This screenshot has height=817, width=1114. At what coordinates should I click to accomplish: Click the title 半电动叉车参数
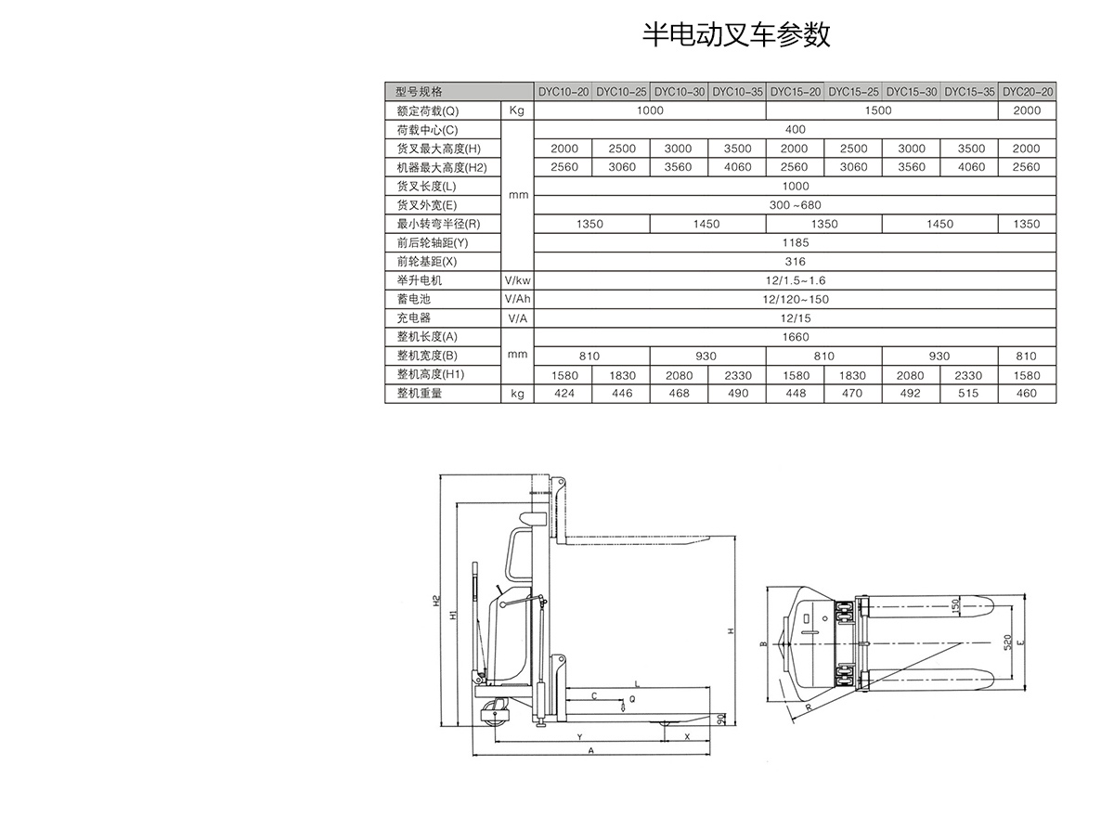coord(736,34)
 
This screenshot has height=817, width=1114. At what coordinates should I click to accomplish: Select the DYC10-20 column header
coord(563,92)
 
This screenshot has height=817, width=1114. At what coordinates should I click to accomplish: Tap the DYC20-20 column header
coord(1028,92)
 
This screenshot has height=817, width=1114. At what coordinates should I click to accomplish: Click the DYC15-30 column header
coord(911,92)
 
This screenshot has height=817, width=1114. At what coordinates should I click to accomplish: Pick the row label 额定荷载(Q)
coord(421,110)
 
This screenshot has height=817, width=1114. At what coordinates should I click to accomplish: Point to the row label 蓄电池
coord(414,299)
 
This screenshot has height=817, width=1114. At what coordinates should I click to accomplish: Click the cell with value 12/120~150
coord(795,299)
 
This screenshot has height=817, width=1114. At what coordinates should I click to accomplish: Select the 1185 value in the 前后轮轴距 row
coord(795,242)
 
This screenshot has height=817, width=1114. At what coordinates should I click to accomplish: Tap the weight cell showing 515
coord(969,394)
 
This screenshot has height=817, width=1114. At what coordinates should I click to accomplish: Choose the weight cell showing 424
coord(563,394)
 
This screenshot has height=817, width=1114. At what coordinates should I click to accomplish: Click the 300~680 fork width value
coord(795,205)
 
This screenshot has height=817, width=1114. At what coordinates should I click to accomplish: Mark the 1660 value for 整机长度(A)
coord(795,337)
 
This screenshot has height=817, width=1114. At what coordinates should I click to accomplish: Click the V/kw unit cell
coord(517,280)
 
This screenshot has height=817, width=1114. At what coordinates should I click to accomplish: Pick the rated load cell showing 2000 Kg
coord(1027,110)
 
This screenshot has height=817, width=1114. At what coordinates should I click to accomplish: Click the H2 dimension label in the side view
coord(436,602)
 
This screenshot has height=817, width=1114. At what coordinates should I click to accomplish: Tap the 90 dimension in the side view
coord(720,720)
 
